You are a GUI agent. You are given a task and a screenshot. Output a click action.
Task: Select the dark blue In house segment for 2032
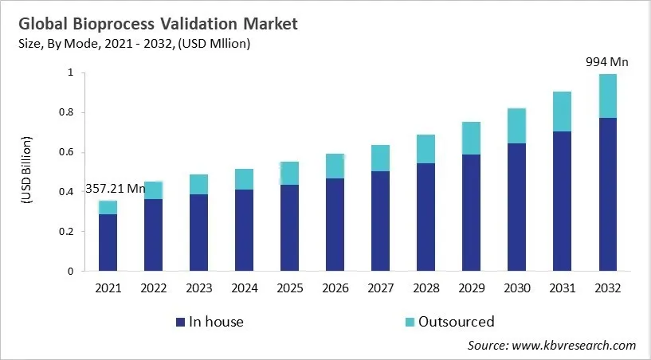(608, 194)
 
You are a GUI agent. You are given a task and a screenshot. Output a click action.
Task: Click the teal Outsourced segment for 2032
(608, 96)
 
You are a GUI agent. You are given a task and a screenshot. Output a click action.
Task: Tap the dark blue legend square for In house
(179, 323)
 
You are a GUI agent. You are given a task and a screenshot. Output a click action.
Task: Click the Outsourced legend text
(457, 323)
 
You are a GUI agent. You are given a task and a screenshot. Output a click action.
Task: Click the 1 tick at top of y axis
(70, 72)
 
